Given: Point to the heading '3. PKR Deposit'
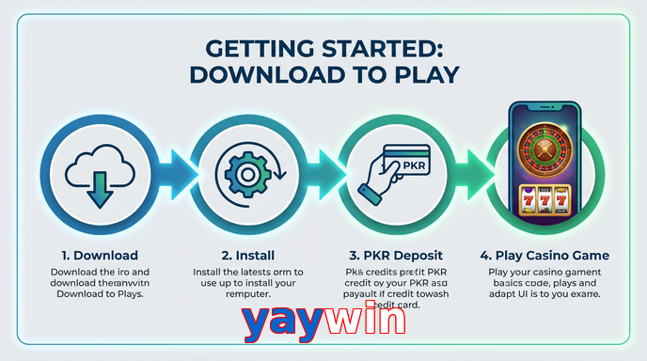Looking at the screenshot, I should [x=395, y=255].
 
